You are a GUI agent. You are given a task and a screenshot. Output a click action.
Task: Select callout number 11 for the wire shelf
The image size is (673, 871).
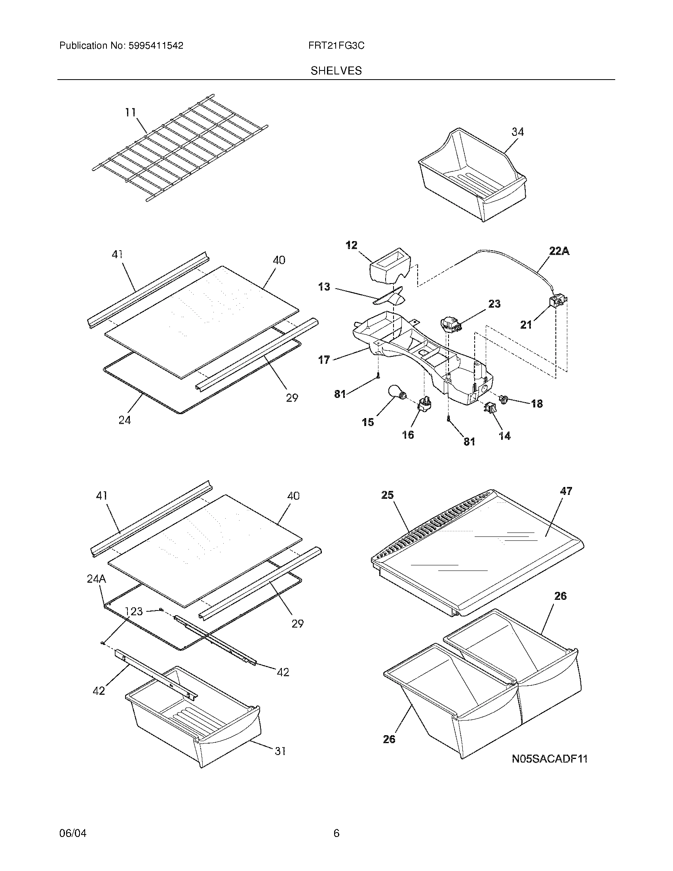[x=130, y=112]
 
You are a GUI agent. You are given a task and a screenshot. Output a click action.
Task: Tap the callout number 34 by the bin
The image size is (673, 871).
[x=517, y=131]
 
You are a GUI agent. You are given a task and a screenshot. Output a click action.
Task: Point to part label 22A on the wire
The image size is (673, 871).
[x=559, y=251]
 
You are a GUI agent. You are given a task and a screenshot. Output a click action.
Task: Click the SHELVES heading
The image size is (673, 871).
[x=336, y=70]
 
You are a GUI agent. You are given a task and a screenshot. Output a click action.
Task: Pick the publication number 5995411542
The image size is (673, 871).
[x=156, y=46]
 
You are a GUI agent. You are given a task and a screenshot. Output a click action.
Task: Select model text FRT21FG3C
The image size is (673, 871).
[x=336, y=46]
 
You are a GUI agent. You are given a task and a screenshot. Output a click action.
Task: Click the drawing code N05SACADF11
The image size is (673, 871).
[x=550, y=758]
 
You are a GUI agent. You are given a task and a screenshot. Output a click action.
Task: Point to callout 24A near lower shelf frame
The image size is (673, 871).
[x=96, y=579]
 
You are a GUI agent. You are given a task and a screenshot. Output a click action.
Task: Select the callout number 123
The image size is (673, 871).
[x=133, y=611]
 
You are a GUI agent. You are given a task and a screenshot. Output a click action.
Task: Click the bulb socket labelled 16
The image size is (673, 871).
[x=422, y=405]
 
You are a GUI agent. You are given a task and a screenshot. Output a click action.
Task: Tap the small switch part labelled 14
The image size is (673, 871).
[x=490, y=408]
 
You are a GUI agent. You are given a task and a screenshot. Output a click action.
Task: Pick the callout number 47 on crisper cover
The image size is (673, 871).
[x=566, y=491]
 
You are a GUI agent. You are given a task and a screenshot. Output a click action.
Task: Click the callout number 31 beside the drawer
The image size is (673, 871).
[x=280, y=751]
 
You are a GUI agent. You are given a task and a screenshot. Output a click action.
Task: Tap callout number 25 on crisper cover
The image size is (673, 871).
[x=387, y=495]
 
